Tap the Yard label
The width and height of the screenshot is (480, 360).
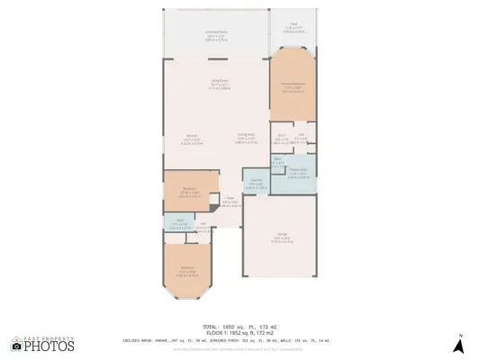coord(294,24)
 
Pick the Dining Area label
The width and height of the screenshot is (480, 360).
coord(246,136)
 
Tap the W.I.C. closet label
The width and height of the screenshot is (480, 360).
coord(282,137)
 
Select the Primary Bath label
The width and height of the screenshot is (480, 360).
coord(298,170)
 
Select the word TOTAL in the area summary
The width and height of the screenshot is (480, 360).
coord(209,328)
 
